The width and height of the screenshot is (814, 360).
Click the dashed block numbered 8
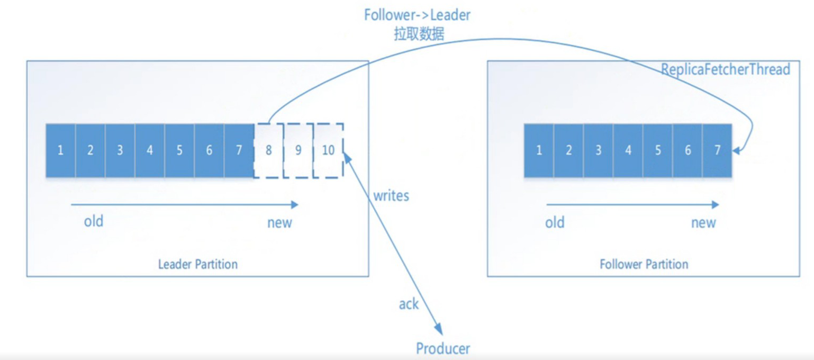pos(269,150)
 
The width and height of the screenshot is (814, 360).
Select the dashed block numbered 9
pos(299,150)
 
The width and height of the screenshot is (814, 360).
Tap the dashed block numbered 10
pos(328,150)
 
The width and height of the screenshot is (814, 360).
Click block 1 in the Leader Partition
pos(61,150)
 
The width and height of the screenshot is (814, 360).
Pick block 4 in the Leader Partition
pos(150,150)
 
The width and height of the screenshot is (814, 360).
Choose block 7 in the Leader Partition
pos(239,150)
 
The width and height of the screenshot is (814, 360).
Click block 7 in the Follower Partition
pos(717,150)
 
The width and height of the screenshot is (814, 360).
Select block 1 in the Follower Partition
pos(539,150)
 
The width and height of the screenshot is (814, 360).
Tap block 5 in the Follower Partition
pos(658,150)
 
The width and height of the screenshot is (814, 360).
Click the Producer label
pos(443,348)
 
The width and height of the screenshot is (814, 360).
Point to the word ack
pos(409,304)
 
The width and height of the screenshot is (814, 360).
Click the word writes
pos(391,196)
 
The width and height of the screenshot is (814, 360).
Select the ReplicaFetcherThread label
pos(726,69)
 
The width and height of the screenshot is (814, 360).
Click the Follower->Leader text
pos(417,15)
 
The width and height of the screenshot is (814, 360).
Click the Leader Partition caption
pos(198,264)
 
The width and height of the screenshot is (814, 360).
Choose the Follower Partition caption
pos(644,264)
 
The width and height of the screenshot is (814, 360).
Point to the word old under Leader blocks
pos(94,221)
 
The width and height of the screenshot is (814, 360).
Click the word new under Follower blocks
pos(703,223)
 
